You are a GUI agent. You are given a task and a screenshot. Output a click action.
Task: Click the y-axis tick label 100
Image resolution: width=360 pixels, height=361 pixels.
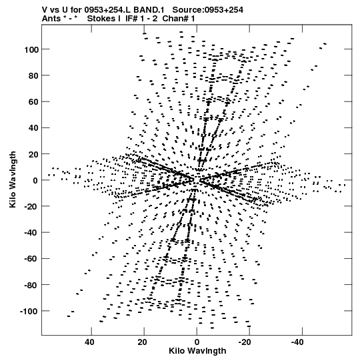coord(31,49)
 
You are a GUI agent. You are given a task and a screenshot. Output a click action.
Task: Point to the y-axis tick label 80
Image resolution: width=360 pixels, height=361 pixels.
coord(33,76)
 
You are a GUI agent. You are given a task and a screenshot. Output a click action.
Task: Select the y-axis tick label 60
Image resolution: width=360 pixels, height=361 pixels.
coord(33,102)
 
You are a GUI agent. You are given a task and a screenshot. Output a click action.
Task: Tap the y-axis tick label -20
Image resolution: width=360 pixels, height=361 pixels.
coord(31,206)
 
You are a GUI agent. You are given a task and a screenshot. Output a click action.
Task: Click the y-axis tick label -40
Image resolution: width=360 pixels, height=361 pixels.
coord(31,233)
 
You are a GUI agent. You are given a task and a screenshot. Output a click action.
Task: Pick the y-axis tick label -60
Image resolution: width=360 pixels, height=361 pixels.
coord(31,259)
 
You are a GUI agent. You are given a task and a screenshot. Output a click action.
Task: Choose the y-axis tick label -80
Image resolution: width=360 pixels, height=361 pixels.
coord(31,285)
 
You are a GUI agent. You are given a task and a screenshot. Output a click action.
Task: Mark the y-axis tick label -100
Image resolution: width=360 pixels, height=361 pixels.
coord(29,311)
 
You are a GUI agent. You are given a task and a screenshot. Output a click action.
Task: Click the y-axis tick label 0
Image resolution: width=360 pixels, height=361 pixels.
coord(35,180)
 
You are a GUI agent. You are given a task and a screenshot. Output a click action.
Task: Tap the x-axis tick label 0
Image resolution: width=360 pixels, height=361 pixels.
coord(197,342)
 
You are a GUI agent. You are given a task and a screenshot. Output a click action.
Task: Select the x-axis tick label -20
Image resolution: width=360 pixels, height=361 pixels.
coord(245,342)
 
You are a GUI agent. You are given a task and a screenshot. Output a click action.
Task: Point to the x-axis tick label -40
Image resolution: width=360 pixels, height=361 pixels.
coord(297,342)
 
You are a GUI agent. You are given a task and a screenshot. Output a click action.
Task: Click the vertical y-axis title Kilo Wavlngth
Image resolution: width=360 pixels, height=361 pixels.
coord(13,179)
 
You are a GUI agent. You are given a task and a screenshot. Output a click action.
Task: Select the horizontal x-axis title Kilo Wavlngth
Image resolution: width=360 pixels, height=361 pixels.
coord(197,351)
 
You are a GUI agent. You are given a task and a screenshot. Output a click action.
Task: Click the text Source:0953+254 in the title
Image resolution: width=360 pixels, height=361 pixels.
coord(208,10)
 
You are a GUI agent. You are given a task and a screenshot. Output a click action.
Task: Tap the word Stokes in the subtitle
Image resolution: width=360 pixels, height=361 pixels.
coord(102,19)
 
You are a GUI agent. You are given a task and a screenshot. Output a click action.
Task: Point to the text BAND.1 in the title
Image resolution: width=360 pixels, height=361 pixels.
coord(149,10)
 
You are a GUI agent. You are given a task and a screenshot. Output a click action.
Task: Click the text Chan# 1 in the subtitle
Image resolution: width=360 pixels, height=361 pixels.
coord(179,19)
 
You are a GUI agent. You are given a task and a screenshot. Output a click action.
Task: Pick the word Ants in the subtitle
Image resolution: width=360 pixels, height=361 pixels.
coord(51,19)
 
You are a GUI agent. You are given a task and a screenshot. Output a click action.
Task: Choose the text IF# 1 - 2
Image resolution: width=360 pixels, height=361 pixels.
coord(141,19)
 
